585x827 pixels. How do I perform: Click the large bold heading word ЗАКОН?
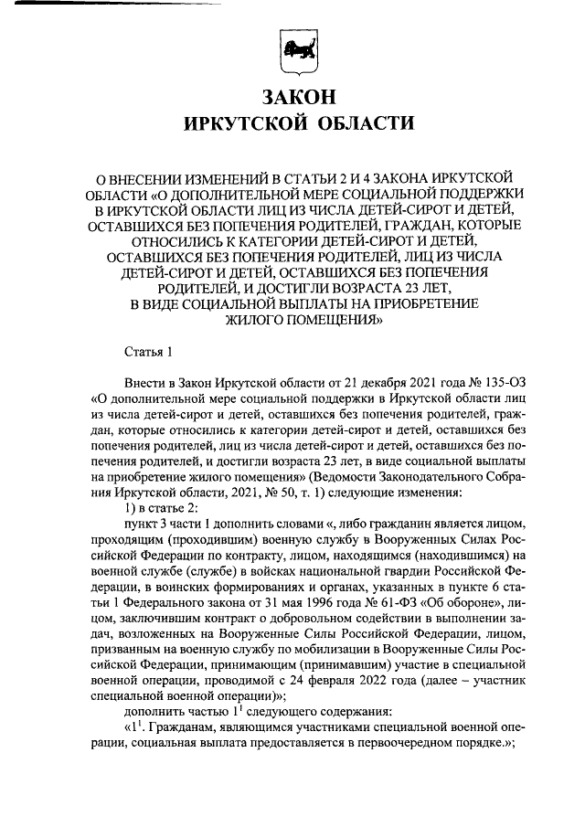299,96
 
